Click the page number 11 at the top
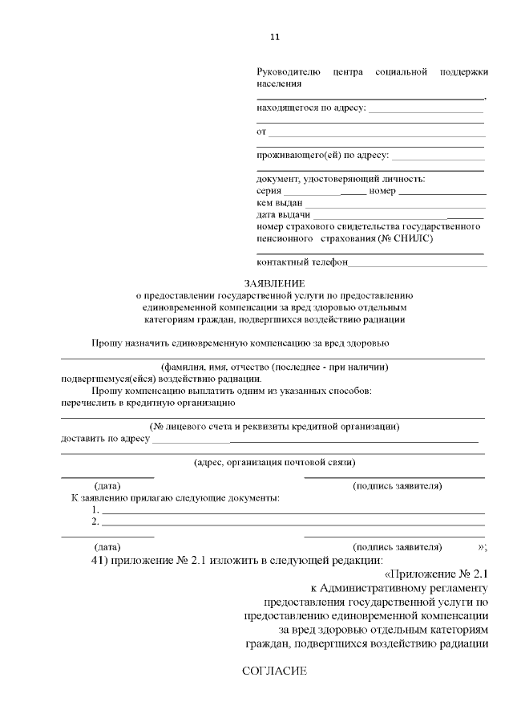tap(274, 37)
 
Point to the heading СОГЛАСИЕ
tap(274, 671)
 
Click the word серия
tap(269, 192)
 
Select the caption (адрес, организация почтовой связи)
tap(274, 462)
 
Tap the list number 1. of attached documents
tap(95, 510)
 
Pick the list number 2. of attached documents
tap(95, 522)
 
